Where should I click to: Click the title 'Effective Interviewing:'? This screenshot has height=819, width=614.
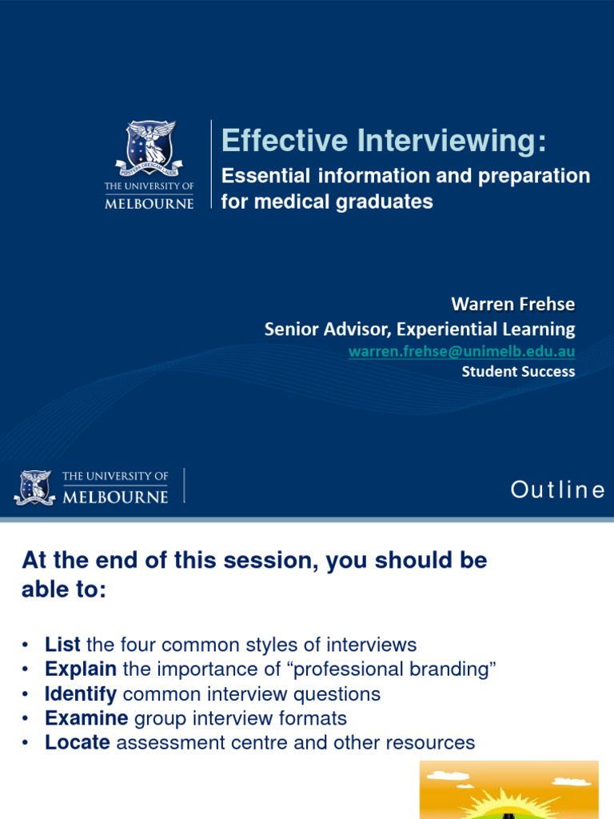385,141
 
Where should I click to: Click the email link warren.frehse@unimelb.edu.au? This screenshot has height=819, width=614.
461,351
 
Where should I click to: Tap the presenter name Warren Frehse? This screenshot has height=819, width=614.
512,304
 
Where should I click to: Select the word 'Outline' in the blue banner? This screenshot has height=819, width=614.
557,489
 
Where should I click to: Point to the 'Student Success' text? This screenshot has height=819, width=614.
518,371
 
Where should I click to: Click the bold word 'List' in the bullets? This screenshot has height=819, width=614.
62,645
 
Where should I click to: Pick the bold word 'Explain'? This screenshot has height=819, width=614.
81,669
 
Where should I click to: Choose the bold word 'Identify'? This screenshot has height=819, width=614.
81,693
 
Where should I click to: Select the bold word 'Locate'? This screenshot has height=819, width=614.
78,743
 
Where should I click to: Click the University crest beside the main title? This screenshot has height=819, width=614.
150,149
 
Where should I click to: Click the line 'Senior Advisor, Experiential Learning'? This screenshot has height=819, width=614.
419,329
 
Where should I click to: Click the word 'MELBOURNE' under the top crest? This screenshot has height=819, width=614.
150,203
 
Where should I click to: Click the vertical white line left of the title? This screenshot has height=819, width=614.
211,165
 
